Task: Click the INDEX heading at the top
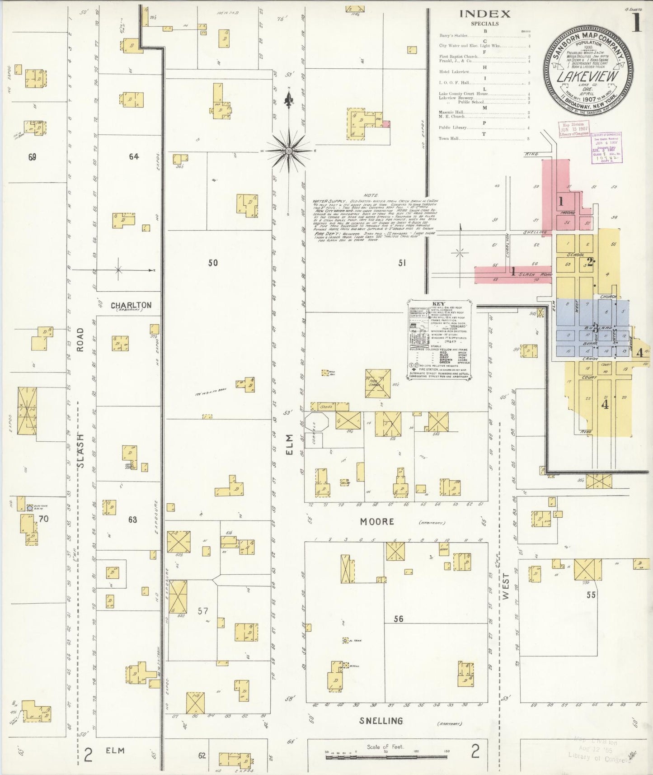[484, 14]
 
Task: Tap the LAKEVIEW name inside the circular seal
[587, 76]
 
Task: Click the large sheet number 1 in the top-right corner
[636, 23]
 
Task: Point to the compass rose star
[289, 150]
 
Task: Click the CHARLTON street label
[131, 305]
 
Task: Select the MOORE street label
[377, 522]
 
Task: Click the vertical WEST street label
[505, 586]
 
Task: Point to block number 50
[213, 262]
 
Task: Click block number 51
[402, 262]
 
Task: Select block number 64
[133, 156]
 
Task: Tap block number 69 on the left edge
[32, 157]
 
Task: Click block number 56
[398, 619]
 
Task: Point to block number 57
[202, 611]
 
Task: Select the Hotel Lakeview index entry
[454, 72]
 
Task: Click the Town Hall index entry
[449, 139]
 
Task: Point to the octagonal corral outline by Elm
[317, 422]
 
